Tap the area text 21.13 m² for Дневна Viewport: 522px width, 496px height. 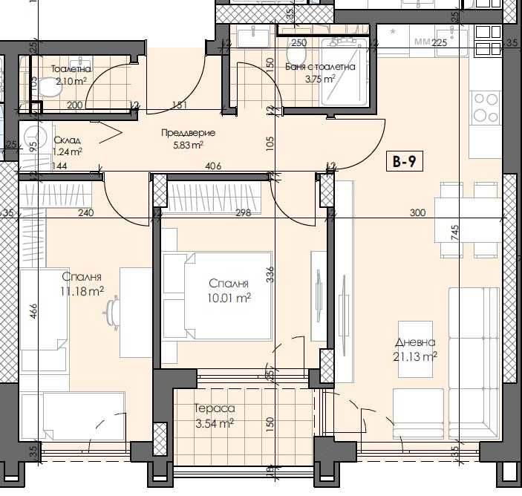(415, 356)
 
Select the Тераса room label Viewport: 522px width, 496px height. (215, 408)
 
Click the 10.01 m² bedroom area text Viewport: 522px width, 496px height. (229, 298)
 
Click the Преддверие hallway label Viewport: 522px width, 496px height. (189, 133)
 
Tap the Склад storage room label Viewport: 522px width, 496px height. (67, 140)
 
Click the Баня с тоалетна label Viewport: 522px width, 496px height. (320, 66)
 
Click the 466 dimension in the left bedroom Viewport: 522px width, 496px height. (32, 310)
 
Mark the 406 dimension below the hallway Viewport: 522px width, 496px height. (214, 167)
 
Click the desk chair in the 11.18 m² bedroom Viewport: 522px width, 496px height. (114, 311)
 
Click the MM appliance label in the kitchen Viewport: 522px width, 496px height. (423, 42)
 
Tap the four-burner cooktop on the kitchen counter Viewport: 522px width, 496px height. (485, 107)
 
